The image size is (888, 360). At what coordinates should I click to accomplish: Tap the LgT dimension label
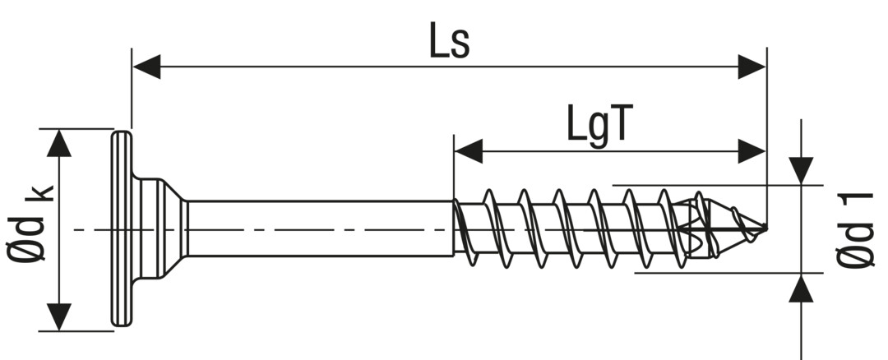tap(599, 124)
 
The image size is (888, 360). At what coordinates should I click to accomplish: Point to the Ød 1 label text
tap(856, 230)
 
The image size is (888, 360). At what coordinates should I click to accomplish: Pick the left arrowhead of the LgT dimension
tap(467, 151)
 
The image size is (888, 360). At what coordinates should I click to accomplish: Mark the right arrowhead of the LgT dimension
tap(752, 151)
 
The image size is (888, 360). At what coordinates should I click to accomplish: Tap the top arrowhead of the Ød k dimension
tap(58, 142)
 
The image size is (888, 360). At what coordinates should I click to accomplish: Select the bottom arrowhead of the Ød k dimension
tap(58, 317)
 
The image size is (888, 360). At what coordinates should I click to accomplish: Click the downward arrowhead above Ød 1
tap(801, 169)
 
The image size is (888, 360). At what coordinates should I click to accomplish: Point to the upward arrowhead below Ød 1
tap(801, 289)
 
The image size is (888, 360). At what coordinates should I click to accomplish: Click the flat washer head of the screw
tap(121, 228)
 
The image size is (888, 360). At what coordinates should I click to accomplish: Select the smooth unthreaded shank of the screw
tap(321, 228)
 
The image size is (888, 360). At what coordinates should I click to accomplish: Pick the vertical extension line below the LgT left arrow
tap(453, 177)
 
